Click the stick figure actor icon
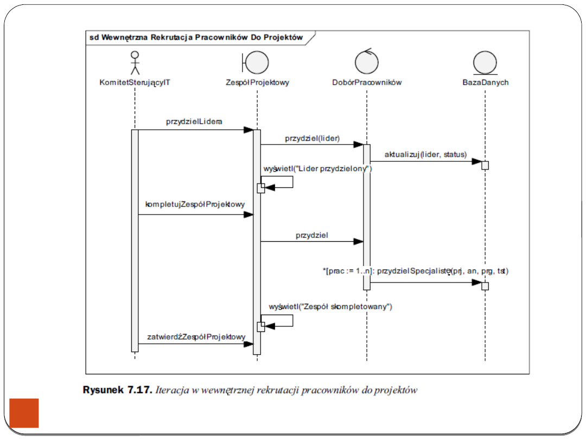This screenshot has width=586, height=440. coord(135,63)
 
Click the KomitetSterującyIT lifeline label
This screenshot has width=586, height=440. coord(135,83)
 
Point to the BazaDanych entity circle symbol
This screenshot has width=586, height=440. coord(485,63)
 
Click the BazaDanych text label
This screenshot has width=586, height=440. coord(485,83)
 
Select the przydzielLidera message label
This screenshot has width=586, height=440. coord(194,122)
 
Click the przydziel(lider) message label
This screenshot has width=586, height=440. coord(312,138)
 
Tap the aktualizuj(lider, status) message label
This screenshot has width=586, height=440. coord(425,154)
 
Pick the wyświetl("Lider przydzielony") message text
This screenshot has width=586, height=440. coord(317,169)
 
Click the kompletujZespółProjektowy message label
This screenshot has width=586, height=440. coord(195,205)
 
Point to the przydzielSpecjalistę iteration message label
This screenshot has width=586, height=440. coord(416,271)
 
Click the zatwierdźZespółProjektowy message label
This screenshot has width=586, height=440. coord(196,337)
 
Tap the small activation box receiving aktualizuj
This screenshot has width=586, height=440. coord(485,165)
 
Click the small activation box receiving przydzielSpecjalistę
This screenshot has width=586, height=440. coord(485,286)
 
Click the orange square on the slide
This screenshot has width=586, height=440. coord(24,413)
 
